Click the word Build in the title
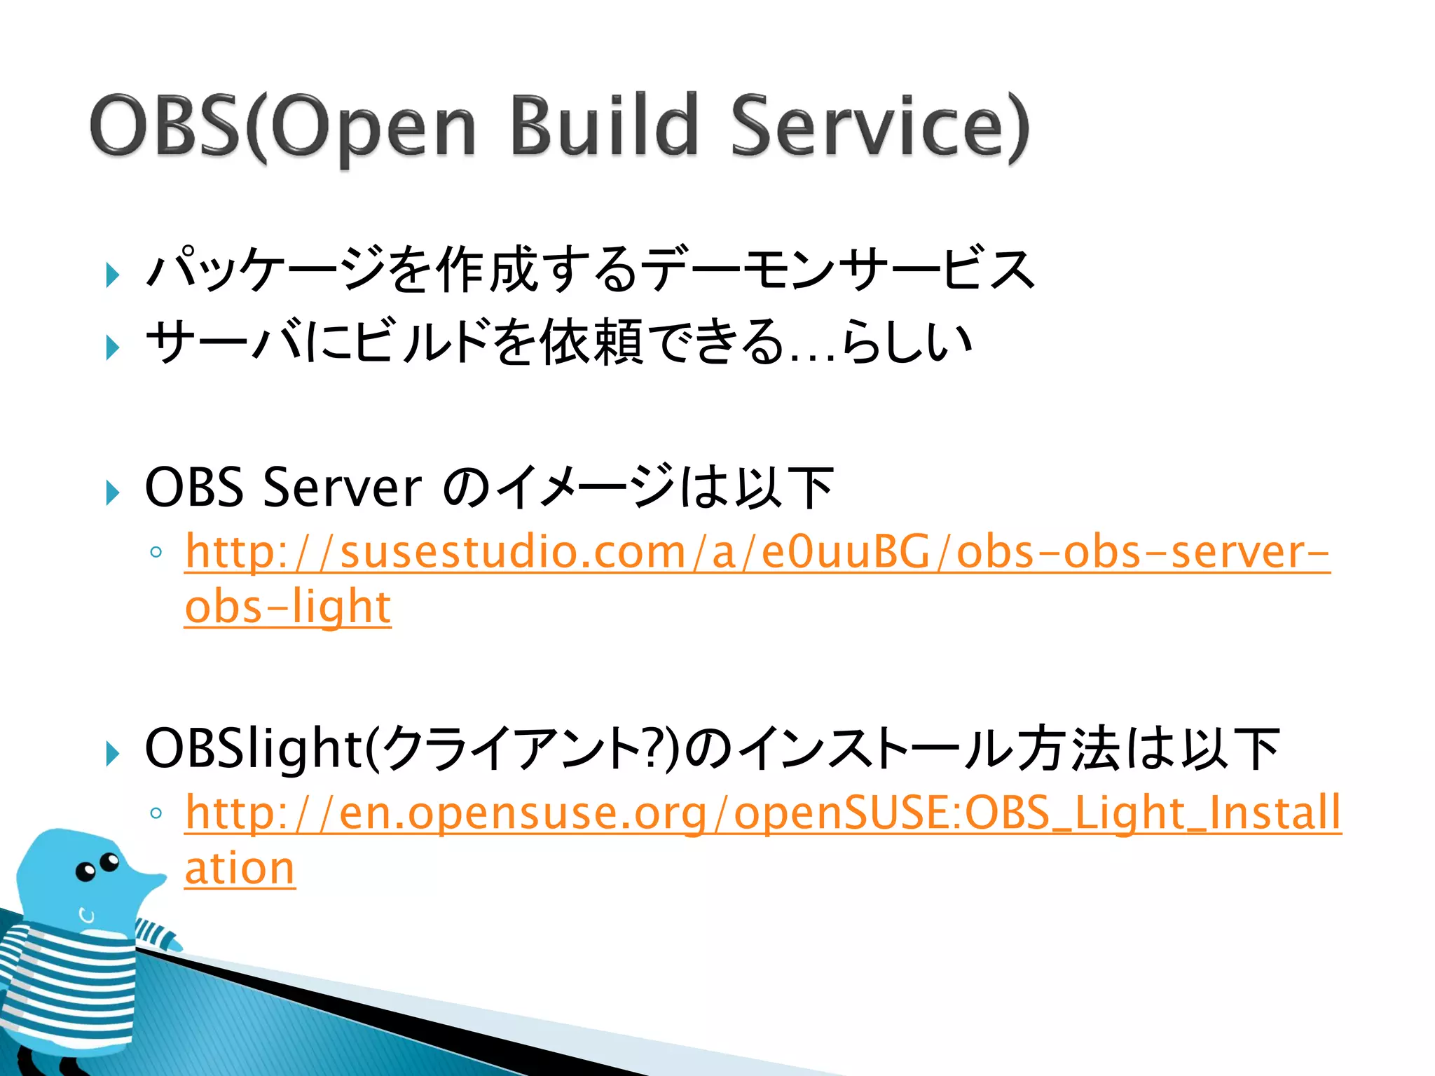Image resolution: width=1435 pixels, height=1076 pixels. pos(604,126)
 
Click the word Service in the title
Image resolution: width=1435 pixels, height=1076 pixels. pos(879,126)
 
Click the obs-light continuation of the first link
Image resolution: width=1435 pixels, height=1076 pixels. pos(287,607)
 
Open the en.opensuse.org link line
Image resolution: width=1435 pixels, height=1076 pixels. pos(762,814)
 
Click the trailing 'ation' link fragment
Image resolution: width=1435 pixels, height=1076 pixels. pos(240,869)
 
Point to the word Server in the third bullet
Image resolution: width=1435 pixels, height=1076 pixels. pos(342,488)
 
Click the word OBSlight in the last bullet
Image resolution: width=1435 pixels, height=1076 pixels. pos(252,748)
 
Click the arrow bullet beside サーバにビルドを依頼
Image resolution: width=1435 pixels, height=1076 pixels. pos(113,347)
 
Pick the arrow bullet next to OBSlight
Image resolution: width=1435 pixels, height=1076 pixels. pos(113,754)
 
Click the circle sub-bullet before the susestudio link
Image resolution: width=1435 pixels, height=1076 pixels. pos(156,553)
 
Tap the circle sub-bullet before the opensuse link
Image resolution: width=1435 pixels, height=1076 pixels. pos(156,813)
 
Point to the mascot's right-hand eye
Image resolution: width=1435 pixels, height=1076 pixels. pos(110,861)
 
